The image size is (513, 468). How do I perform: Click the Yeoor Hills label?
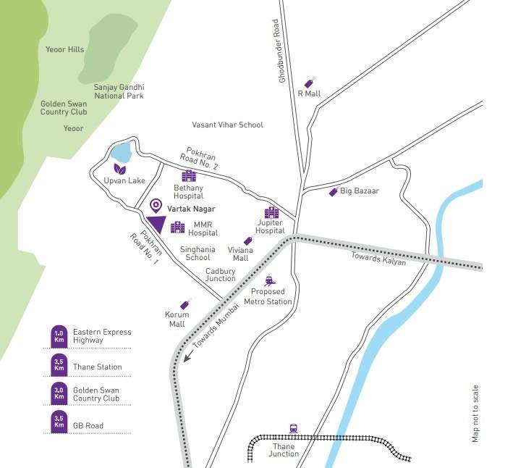pyautogui.click(x=65, y=50)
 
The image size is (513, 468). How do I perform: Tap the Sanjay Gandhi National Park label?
pyautogui.click(x=119, y=91)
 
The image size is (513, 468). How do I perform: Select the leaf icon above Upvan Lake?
pyautogui.click(x=119, y=169)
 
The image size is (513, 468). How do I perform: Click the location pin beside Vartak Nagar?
pyautogui.click(x=156, y=208)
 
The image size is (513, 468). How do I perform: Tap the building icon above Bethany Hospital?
pyautogui.click(x=188, y=176)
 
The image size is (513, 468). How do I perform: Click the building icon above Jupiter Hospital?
pyautogui.click(x=271, y=212)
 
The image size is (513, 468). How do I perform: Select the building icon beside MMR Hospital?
pyautogui.click(x=177, y=227)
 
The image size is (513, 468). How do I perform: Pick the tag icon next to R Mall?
pyautogui.click(x=311, y=82)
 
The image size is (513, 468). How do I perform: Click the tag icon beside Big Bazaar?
pyautogui.click(x=333, y=191)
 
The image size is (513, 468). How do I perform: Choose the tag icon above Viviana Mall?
pyautogui.click(x=248, y=241)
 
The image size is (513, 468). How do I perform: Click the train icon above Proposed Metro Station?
pyautogui.click(x=269, y=280)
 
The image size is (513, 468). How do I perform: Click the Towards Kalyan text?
pyautogui.click(x=378, y=259)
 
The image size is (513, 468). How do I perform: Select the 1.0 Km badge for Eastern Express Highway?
pyautogui.click(x=59, y=335)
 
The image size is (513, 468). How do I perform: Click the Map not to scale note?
pyautogui.click(x=475, y=413)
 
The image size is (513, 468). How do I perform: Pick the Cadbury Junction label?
pyautogui.click(x=220, y=275)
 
